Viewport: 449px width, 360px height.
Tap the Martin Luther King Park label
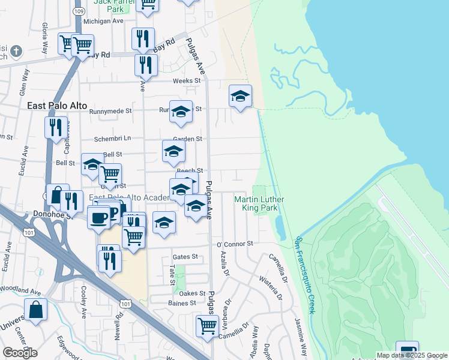(259, 203)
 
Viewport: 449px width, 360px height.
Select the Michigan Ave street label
(103, 21)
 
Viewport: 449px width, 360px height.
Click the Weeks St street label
(187, 81)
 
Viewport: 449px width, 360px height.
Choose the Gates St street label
(185, 257)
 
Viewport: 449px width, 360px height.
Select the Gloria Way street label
(45, 38)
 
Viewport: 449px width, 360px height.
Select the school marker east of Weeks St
(240, 96)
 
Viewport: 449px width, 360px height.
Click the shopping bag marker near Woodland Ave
(36, 310)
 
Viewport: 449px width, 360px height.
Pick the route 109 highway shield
(79, 11)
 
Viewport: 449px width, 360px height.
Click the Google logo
(20, 353)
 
